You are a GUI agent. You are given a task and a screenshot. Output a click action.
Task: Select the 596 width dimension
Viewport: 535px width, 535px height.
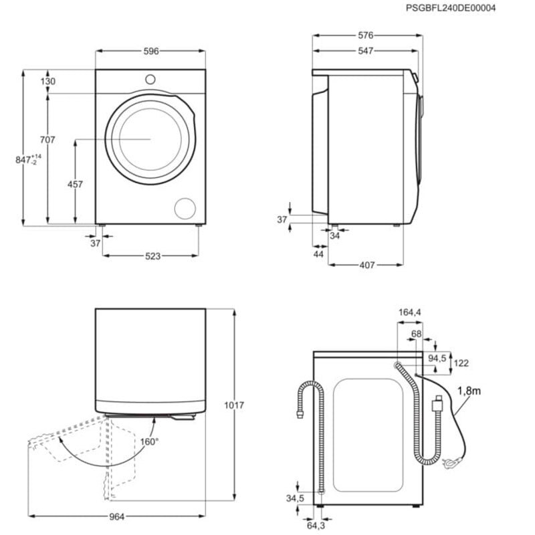(150, 51)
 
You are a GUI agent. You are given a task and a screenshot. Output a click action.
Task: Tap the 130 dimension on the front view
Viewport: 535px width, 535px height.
(47, 81)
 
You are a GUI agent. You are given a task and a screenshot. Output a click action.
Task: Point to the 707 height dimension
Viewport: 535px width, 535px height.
(47, 140)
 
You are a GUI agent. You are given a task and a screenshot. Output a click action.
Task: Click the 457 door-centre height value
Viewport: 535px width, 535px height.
(75, 185)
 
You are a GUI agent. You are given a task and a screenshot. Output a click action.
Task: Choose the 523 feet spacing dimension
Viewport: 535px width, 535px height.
(151, 255)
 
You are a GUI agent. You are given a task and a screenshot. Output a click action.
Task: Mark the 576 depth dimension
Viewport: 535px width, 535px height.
(364, 35)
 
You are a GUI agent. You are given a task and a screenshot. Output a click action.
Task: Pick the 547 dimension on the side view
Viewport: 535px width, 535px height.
(364, 51)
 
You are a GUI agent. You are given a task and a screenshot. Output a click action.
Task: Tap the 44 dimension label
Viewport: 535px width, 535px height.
(318, 255)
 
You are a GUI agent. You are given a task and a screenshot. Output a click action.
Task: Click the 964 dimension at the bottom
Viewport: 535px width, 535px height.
(118, 516)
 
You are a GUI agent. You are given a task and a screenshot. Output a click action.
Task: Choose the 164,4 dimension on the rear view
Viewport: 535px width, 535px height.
(409, 312)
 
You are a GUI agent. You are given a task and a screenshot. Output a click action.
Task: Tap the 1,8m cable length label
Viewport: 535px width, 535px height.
(469, 391)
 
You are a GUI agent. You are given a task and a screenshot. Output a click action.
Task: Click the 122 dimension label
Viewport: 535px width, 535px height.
(461, 363)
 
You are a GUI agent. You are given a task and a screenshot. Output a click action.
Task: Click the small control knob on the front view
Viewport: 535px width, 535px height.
(150, 78)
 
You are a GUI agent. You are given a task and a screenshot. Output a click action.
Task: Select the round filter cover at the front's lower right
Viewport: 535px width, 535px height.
(185, 208)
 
